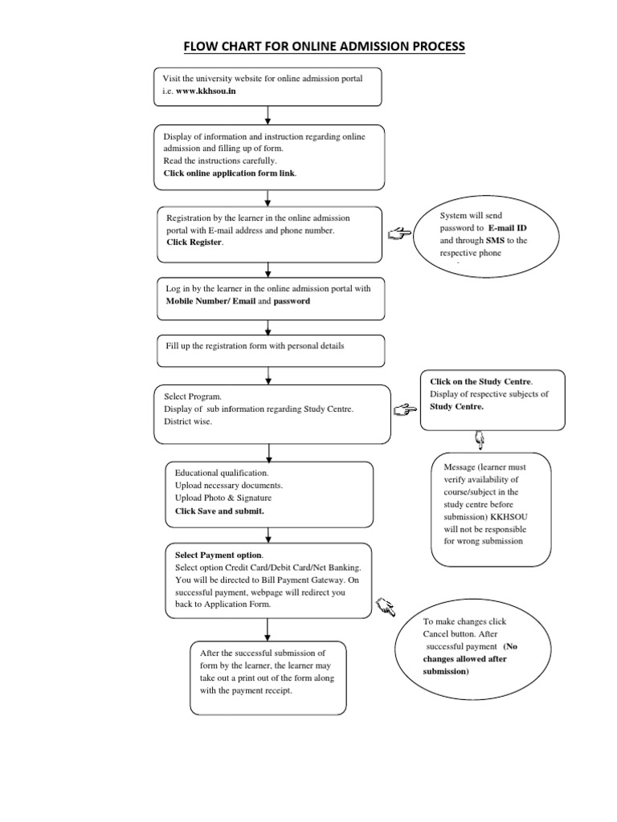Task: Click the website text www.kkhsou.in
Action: pyautogui.click(x=206, y=92)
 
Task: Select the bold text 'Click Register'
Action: pyautogui.click(x=194, y=242)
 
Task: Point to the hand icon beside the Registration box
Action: pyautogui.click(x=398, y=234)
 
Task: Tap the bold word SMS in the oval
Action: pyautogui.click(x=495, y=241)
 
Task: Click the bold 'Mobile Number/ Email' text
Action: pyautogui.click(x=210, y=301)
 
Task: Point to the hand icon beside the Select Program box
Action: pyautogui.click(x=406, y=410)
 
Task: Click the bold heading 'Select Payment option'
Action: pyautogui.click(x=219, y=555)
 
